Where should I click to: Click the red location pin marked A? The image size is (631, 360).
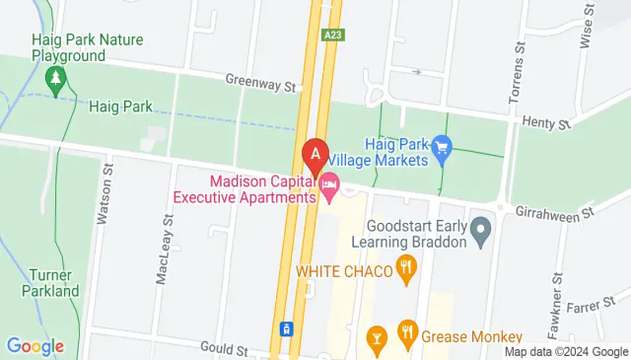(315, 155)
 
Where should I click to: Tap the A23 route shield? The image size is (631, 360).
(333, 34)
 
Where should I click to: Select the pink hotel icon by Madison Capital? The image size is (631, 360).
(329, 182)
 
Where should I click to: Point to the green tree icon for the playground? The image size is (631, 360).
(56, 77)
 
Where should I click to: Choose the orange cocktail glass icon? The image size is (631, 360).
(376, 339)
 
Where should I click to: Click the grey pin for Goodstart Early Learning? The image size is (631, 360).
(481, 233)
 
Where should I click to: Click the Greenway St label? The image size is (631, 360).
(260, 85)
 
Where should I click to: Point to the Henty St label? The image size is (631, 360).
(549, 123)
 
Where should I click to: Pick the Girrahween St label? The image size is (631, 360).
(558, 210)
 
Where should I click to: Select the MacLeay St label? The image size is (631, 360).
(165, 253)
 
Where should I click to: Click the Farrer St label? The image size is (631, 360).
(597, 305)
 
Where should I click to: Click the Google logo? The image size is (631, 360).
(35, 346)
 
